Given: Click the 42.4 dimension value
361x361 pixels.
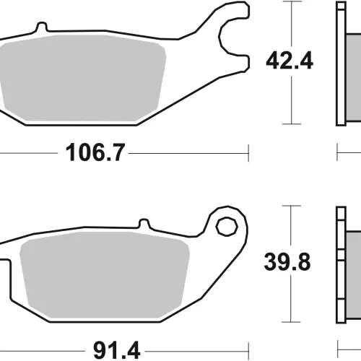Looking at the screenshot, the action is pyautogui.click(x=290, y=61).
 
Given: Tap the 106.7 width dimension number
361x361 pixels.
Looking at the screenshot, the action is pyautogui.click(x=95, y=152).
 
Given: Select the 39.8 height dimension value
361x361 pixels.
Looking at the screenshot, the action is pyautogui.click(x=287, y=262).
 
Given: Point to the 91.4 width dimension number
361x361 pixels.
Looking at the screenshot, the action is pyautogui.click(x=117, y=350).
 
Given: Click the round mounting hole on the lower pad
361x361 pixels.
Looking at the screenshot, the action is pyautogui.click(x=227, y=227).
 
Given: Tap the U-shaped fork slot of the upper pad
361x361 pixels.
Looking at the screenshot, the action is pyautogui.click(x=225, y=38).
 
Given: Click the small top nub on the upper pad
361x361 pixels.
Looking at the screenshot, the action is pyautogui.click(x=42, y=27).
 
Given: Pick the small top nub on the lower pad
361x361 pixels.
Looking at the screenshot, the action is pyautogui.click(x=144, y=224).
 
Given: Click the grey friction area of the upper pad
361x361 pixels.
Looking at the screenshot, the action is pyautogui.click(x=82, y=78).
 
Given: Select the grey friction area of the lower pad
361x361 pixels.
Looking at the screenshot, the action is pyautogui.click(x=105, y=274).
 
